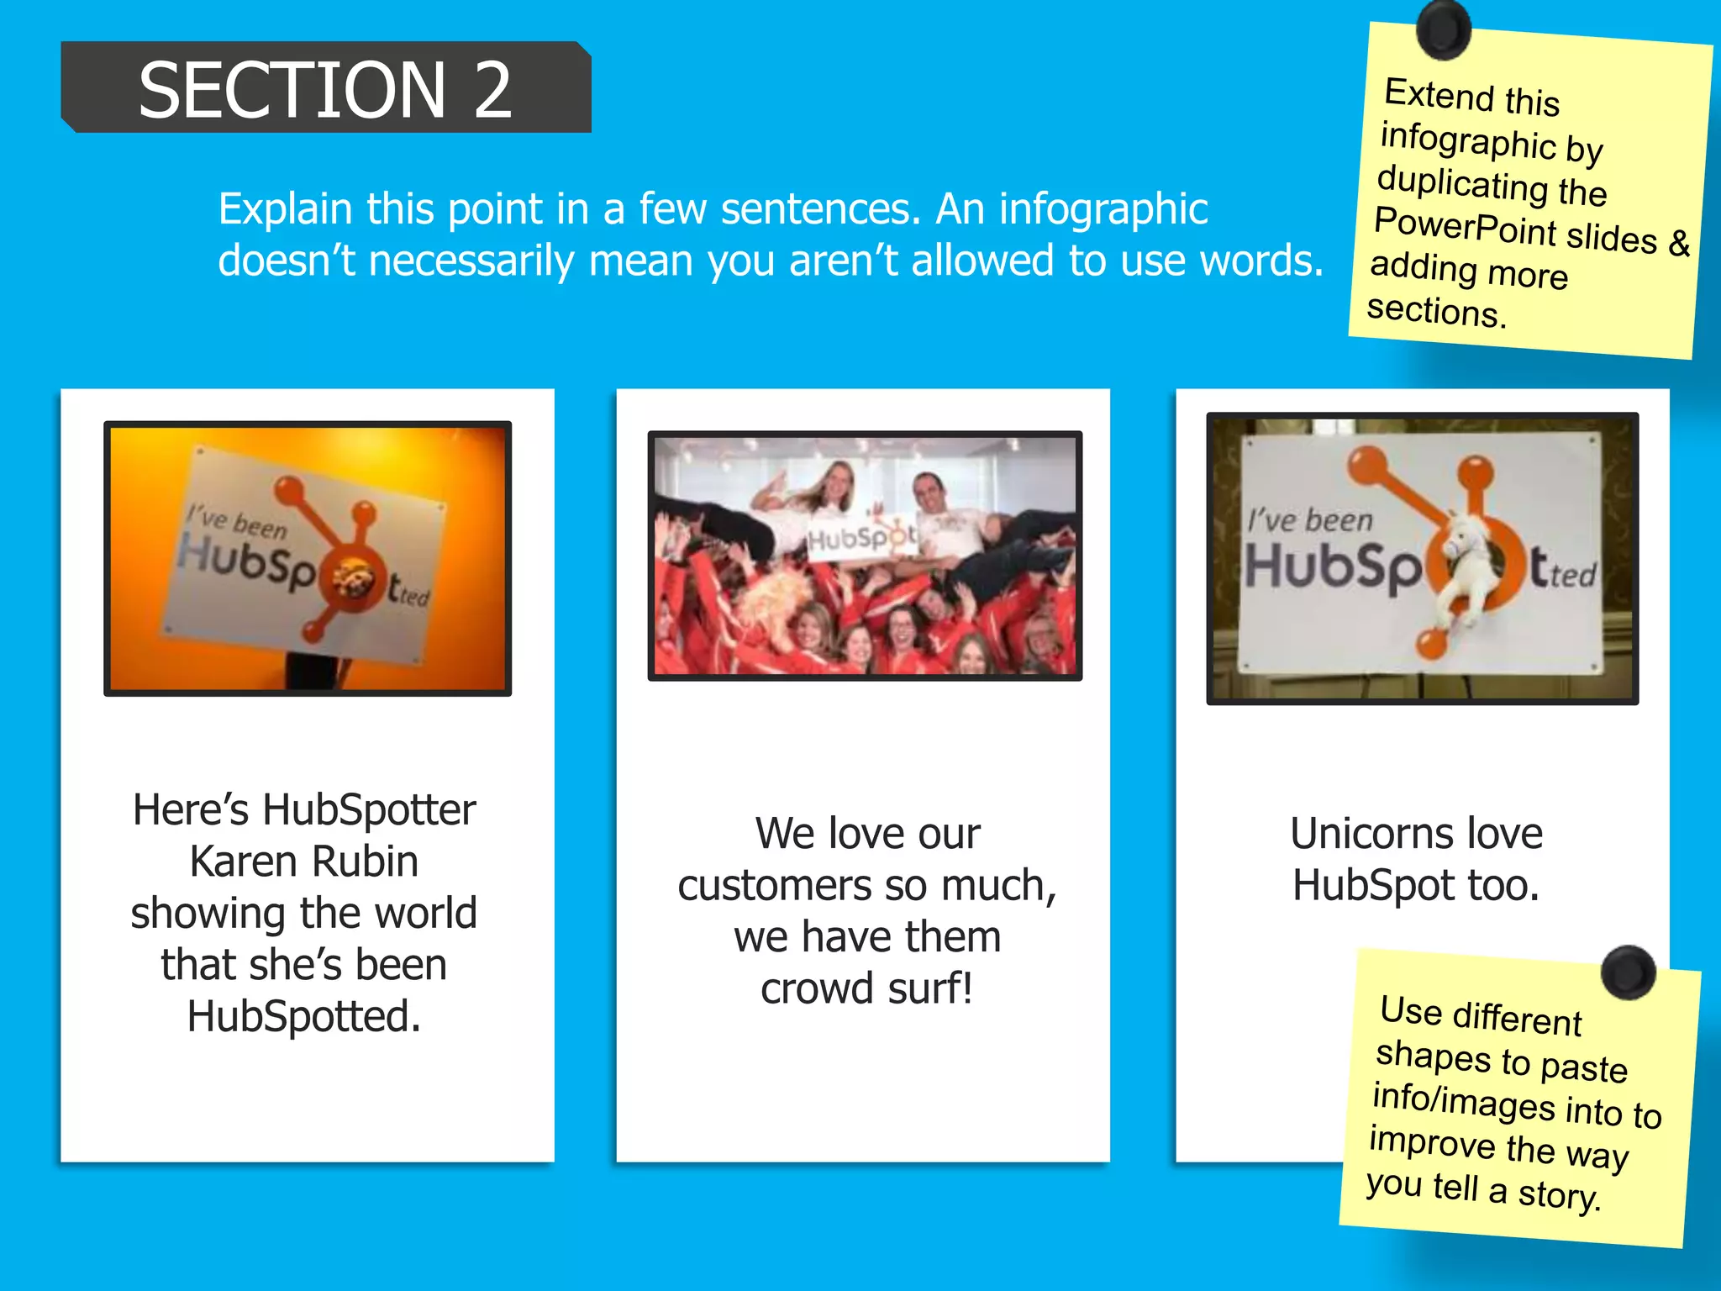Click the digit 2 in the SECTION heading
click(492, 90)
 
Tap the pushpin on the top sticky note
click(1443, 29)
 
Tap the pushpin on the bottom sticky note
click(1628, 972)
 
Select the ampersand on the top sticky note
click(1679, 243)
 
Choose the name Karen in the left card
click(244, 862)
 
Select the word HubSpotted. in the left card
click(304, 1016)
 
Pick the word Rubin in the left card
click(365, 862)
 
